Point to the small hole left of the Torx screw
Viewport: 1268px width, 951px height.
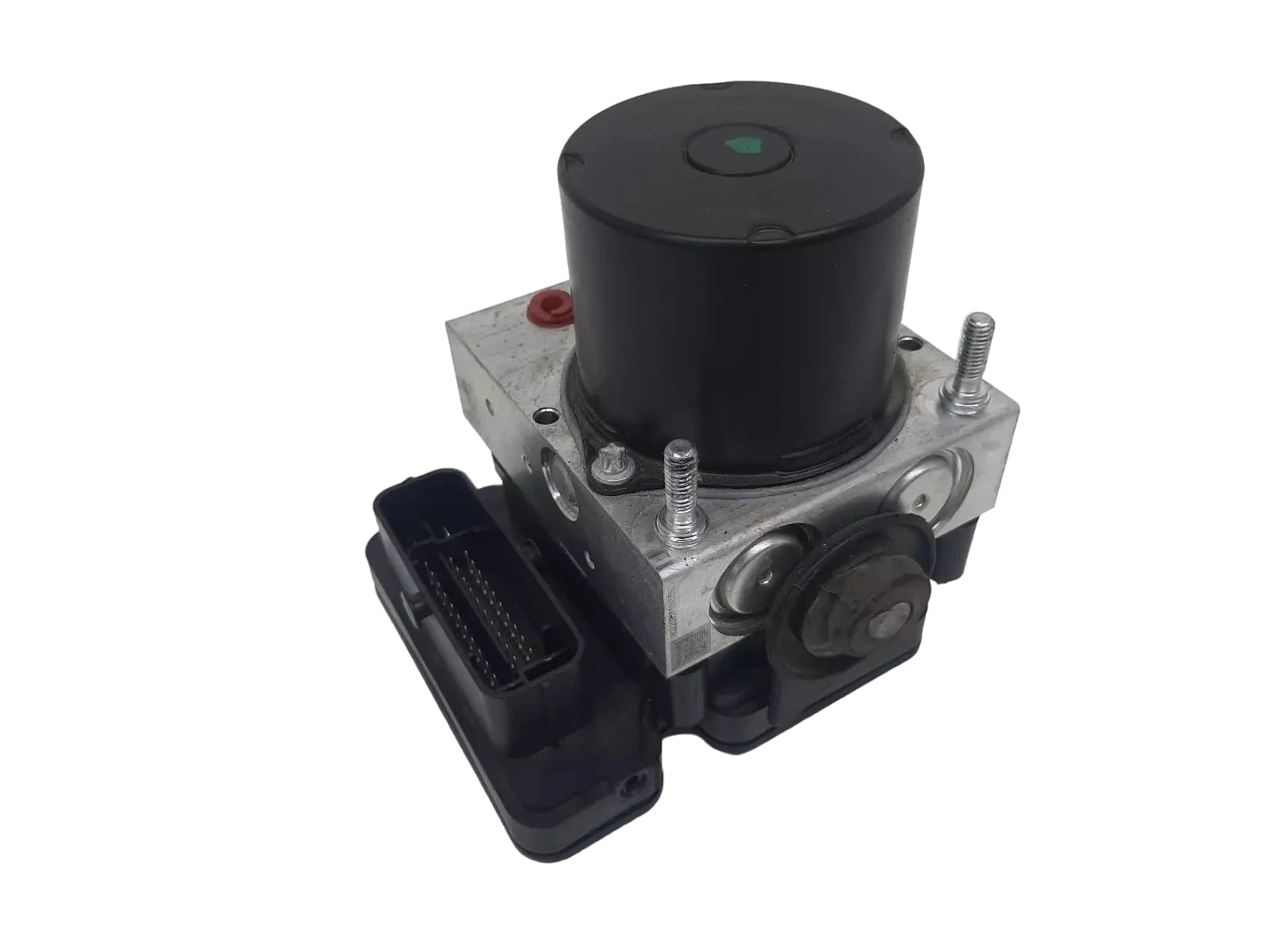pyautogui.click(x=540, y=413)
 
